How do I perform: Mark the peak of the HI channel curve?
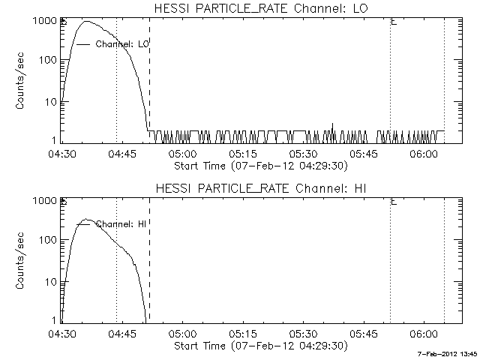coord(86,220)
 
